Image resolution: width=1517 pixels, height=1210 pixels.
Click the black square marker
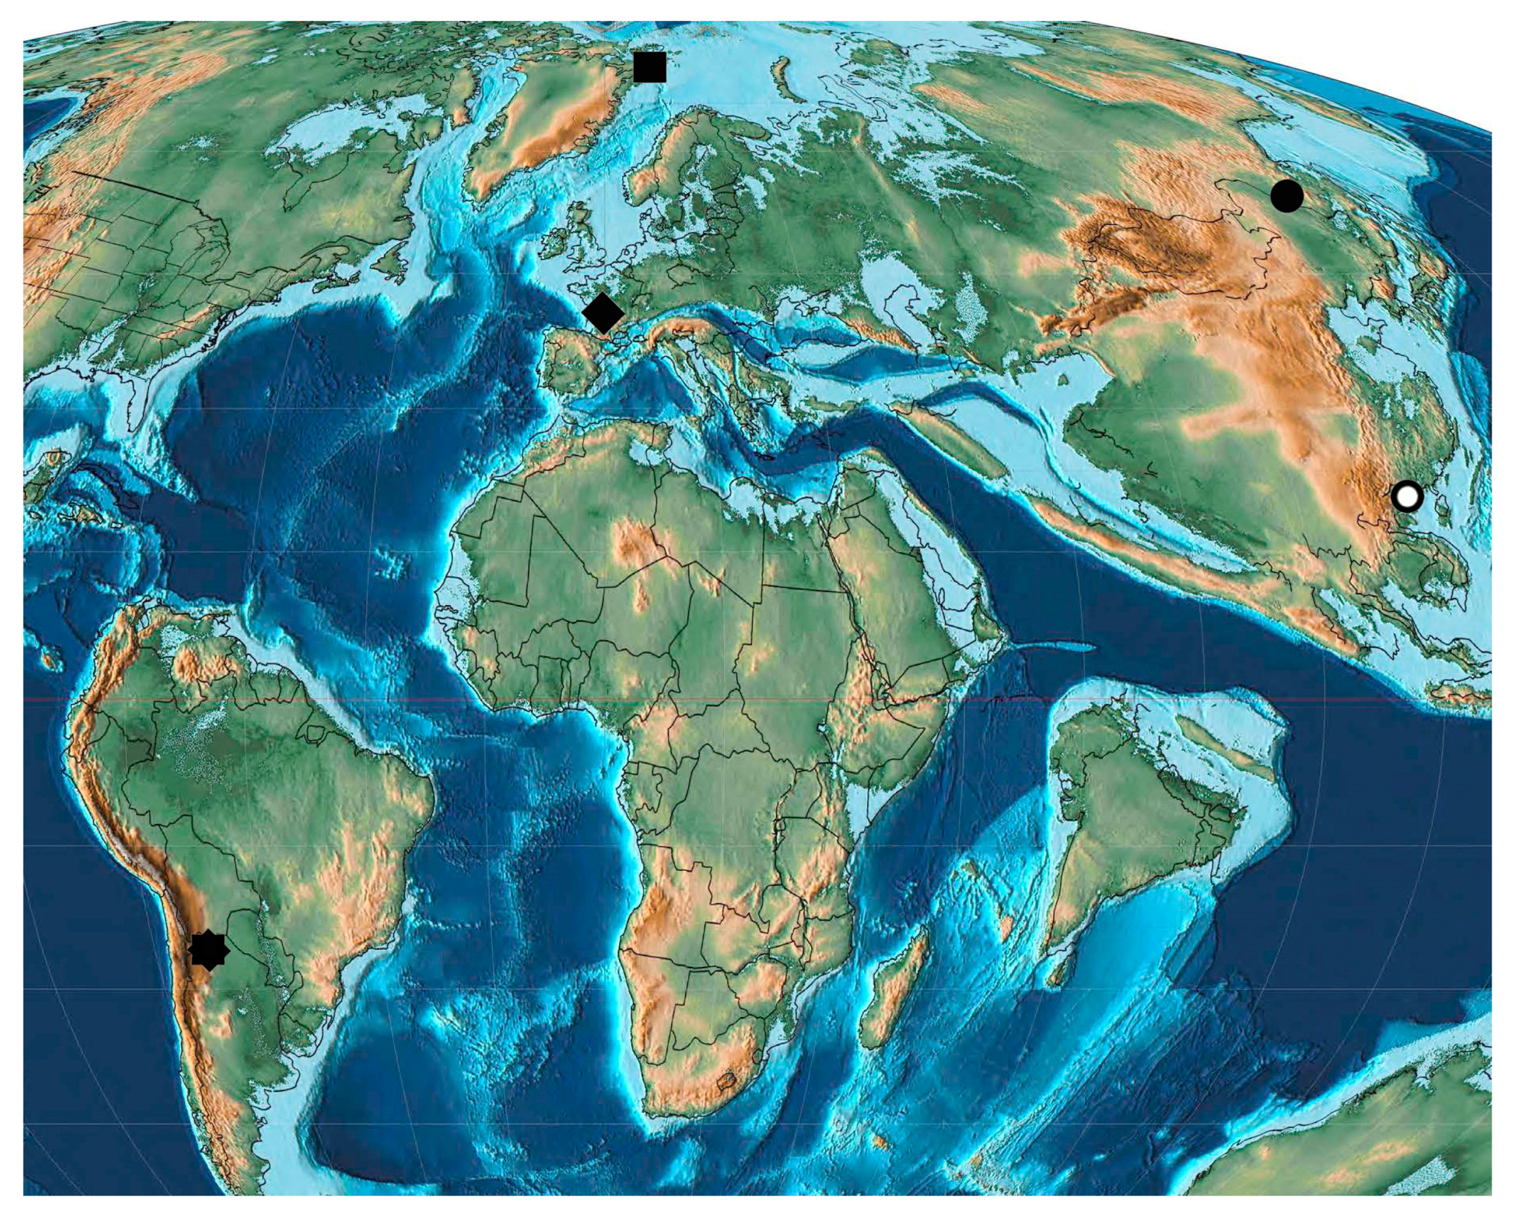(650, 67)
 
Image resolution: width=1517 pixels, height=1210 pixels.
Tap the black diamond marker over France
(603, 313)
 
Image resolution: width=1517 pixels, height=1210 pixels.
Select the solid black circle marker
(1287, 196)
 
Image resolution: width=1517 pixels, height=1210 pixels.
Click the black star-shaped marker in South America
(209, 951)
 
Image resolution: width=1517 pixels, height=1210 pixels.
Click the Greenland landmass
(542, 120)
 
